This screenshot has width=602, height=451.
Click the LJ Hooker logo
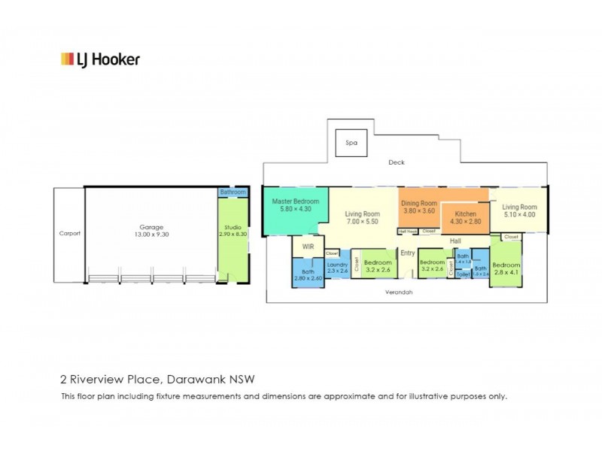pyautogui.click(x=100, y=59)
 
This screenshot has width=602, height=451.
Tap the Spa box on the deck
pyautogui.click(x=350, y=142)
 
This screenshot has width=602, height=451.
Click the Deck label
pyautogui.click(x=397, y=162)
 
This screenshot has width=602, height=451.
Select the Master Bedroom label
pyautogui.click(x=295, y=205)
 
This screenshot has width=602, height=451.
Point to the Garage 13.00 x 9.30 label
pyautogui.click(x=150, y=231)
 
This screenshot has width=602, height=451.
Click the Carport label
pyautogui.click(x=69, y=233)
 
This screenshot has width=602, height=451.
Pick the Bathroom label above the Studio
pyautogui.click(x=233, y=192)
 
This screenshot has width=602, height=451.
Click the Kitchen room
pyautogui.click(x=464, y=218)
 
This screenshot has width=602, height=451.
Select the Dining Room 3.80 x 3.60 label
pyautogui.click(x=418, y=207)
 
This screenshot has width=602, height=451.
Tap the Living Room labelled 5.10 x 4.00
pyautogui.click(x=520, y=211)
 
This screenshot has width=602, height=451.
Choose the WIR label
pyautogui.click(x=307, y=246)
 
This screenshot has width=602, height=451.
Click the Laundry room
pyautogui.click(x=336, y=268)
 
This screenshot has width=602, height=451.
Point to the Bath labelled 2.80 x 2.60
pyautogui.click(x=307, y=274)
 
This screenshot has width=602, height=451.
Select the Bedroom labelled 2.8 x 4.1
pyautogui.click(x=506, y=269)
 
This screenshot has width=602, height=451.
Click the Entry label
pyautogui.click(x=408, y=253)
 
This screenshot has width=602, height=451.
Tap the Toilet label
pyautogui.click(x=463, y=275)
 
